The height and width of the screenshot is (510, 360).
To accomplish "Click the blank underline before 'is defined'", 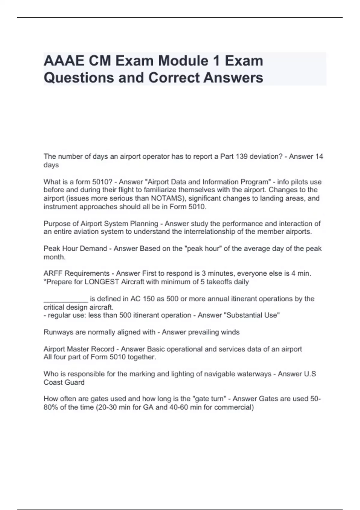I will [66, 299].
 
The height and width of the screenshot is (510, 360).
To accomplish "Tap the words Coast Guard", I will [64, 382].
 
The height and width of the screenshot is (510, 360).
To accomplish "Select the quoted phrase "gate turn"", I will [210, 399].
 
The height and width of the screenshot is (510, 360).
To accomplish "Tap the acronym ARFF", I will [53, 274].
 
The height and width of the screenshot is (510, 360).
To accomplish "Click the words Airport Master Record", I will [79, 349].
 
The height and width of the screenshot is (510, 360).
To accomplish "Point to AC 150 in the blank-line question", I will [141, 299].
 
